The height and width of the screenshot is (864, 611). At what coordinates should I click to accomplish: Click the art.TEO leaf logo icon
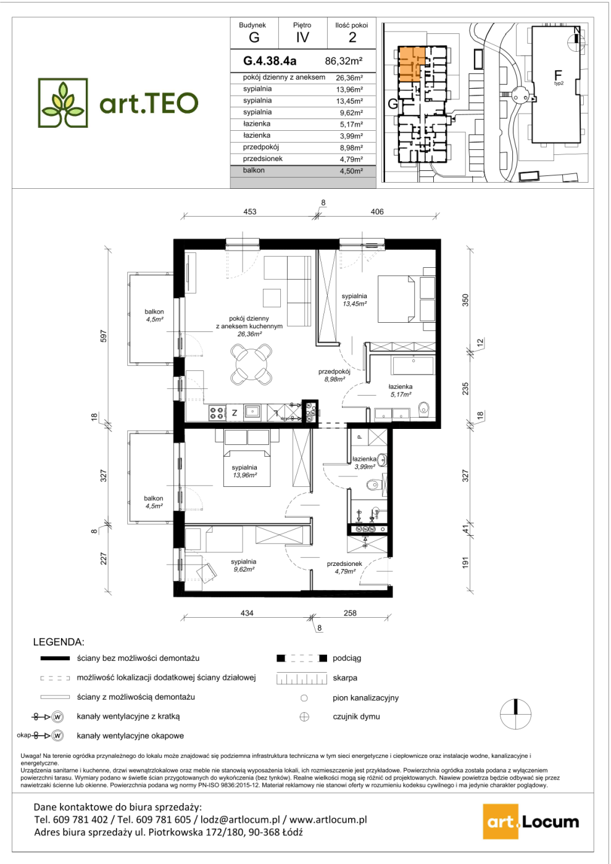click(63, 102)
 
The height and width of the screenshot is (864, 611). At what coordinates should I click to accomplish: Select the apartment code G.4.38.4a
click(270, 61)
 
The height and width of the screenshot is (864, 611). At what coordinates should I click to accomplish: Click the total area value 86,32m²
click(344, 61)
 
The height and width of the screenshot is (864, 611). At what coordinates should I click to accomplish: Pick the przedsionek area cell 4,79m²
click(349, 159)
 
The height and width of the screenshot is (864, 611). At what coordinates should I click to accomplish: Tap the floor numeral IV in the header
click(302, 38)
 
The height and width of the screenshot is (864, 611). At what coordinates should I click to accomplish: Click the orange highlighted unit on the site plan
click(411, 63)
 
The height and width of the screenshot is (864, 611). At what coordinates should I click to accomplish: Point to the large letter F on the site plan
click(557, 75)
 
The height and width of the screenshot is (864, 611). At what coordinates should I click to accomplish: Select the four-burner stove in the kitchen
click(217, 413)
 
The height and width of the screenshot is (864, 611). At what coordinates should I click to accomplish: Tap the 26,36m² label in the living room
click(249, 334)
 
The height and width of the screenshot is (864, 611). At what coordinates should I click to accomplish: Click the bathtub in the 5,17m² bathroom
click(412, 365)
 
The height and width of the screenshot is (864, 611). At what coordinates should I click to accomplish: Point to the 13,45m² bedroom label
click(354, 304)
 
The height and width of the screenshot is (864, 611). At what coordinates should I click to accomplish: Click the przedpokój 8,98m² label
click(334, 375)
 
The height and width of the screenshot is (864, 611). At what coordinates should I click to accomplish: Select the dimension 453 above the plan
click(250, 211)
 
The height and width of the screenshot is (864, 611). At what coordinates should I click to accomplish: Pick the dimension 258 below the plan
click(350, 613)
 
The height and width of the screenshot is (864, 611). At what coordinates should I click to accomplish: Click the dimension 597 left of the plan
click(104, 336)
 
